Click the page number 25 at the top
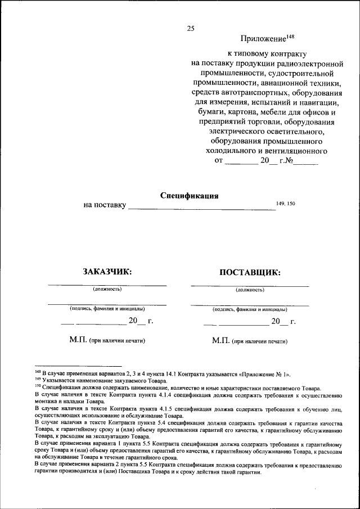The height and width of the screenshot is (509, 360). [x=190, y=28]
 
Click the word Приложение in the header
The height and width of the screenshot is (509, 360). [x=263, y=39]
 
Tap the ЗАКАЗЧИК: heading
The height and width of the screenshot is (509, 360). [x=107, y=272]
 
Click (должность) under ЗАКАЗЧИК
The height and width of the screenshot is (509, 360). [x=107, y=290]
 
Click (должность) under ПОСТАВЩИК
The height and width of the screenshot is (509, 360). [x=250, y=290]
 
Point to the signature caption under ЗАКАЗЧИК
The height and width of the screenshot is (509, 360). [x=107, y=309]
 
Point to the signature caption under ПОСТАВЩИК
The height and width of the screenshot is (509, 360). [x=250, y=309]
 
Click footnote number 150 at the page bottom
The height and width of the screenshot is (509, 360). [x=37, y=387]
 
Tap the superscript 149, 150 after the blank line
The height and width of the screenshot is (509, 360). [x=286, y=203]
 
